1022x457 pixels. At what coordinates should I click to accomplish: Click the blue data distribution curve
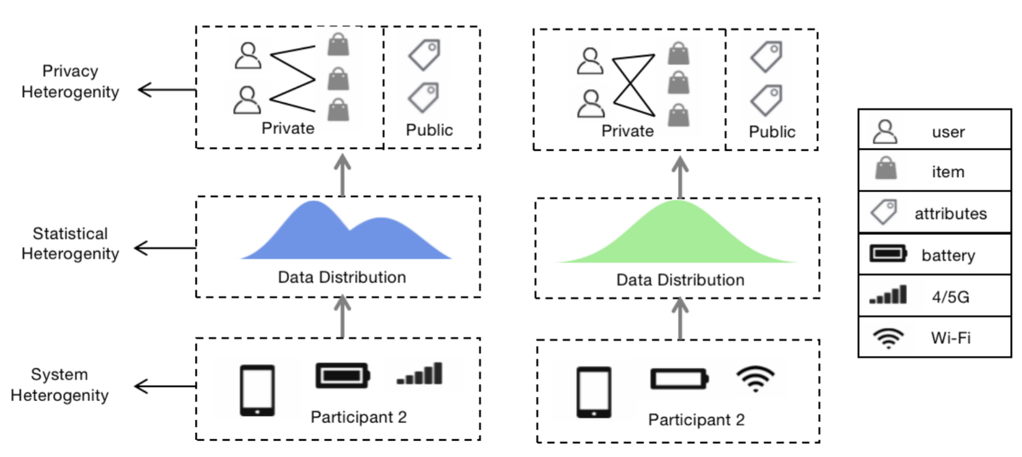pos(345,237)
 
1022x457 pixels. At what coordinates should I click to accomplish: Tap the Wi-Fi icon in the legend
pos(888,338)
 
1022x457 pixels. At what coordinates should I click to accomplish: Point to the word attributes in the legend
pos(950,214)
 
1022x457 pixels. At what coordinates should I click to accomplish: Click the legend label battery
pos(948,255)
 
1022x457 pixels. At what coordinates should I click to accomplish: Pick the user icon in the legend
pos(885,131)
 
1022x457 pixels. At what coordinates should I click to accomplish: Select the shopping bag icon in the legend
pos(886,169)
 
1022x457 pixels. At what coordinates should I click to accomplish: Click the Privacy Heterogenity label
pos(70,81)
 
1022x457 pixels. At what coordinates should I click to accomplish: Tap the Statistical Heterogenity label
pos(70,244)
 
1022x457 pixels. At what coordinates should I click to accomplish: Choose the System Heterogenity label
pos(60,385)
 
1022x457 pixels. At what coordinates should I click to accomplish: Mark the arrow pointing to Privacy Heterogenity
pos(167,90)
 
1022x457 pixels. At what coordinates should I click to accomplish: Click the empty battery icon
pos(679,379)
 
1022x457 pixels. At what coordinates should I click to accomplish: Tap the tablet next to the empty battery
pos(594,392)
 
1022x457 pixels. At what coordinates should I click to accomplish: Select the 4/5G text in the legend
pos(950,297)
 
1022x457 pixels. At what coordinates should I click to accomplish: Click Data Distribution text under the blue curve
pos(342,277)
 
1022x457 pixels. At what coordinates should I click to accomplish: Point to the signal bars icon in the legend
pos(888,295)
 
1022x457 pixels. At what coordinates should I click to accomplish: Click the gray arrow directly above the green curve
pos(680,176)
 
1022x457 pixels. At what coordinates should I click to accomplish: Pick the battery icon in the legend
pos(888,254)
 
